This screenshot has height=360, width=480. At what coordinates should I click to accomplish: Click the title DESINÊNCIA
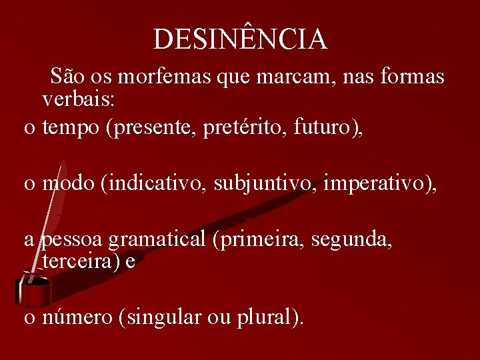[240, 39]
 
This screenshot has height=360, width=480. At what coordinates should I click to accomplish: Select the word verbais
[78, 100]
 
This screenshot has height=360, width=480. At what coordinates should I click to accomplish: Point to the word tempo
[71, 129]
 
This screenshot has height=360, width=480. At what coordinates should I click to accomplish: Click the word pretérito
[237, 129]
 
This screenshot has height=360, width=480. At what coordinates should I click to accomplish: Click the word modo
[68, 184]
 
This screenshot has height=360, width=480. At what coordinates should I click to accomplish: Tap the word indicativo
[155, 184]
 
